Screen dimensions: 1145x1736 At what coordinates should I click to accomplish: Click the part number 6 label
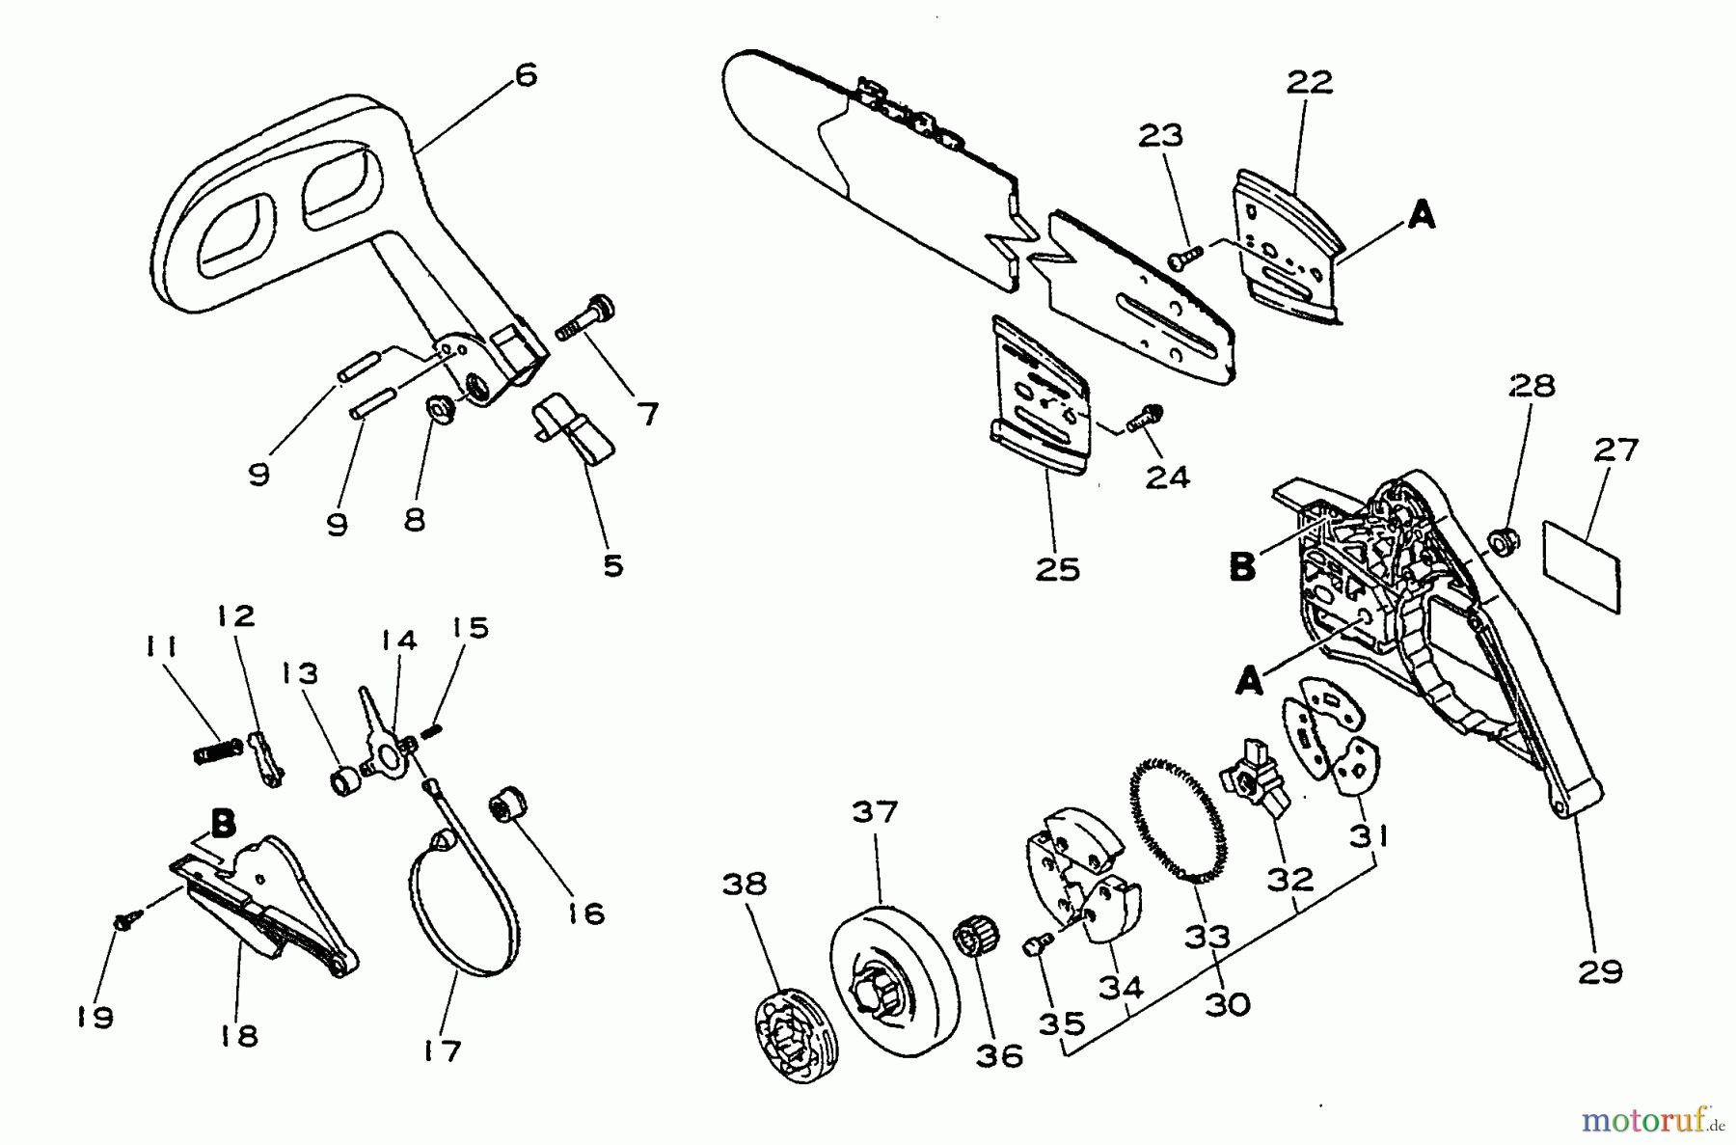pyautogui.click(x=526, y=75)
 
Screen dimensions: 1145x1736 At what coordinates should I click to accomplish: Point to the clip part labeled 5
pyautogui.click(x=576, y=429)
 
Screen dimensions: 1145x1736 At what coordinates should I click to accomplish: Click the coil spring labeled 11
pyautogui.click(x=217, y=750)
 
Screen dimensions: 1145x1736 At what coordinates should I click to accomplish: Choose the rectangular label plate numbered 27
pyautogui.click(x=1583, y=563)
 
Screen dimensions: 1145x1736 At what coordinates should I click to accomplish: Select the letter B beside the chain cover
pyautogui.click(x=1243, y=567)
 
